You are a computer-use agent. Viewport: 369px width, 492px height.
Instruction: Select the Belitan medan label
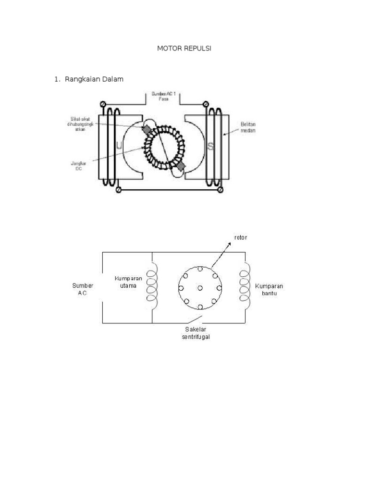[248, 127]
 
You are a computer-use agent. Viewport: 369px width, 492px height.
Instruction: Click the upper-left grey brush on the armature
[146, 130]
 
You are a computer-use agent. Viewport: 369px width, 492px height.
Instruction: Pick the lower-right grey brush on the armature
[181, 166]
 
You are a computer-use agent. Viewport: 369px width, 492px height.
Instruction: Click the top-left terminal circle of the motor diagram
[103, 104]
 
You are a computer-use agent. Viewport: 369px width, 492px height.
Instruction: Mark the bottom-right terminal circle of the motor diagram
[220, 190]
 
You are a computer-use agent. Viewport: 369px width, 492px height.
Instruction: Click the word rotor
[241, 237]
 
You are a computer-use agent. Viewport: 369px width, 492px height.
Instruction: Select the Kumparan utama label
[128, 282]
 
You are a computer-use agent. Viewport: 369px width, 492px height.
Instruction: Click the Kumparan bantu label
[269, 289]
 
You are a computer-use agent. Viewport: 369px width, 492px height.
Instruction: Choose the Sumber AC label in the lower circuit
[83, 289]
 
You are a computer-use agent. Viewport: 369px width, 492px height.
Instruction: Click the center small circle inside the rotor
[199, 288]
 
